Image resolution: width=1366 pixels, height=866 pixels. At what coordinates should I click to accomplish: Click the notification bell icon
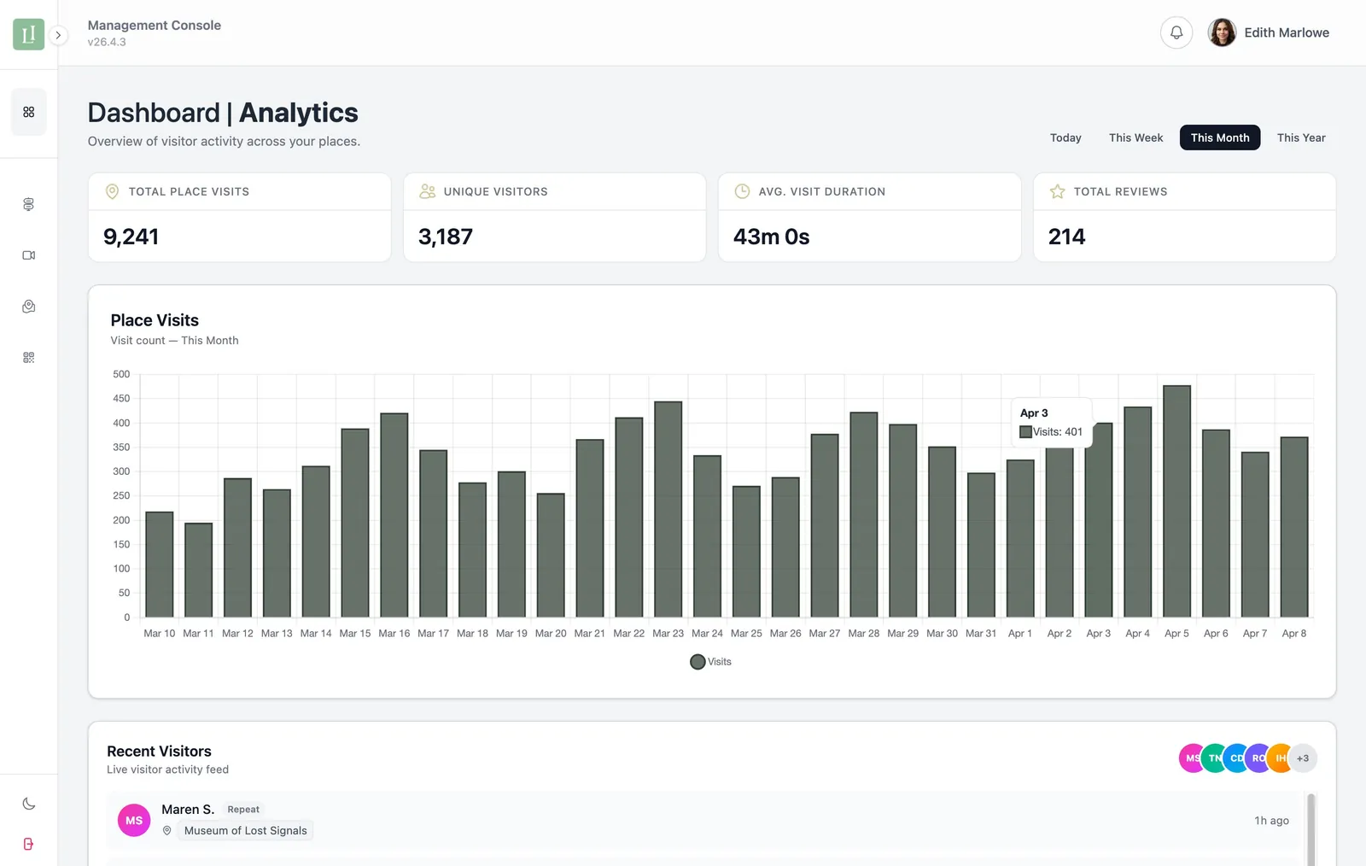[x=1176, y=32]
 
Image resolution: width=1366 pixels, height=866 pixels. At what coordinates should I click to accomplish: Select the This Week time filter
[x=1135, y=138]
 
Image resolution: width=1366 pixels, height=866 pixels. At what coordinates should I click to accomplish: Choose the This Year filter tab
[x=1300, y=138]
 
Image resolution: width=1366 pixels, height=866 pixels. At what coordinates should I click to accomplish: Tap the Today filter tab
[x=1065, y=138]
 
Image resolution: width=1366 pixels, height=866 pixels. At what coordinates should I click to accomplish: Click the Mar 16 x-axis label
[x=394, y=634]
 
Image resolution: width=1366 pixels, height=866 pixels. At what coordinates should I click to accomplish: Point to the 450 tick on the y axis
[x=121, y=399]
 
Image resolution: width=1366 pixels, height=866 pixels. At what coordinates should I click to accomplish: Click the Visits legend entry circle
[x=698, y=662]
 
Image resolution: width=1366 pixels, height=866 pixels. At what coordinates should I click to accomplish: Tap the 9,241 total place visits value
[x=131, y=237]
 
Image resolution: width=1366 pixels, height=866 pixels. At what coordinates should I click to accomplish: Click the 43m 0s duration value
[x=771, y=237]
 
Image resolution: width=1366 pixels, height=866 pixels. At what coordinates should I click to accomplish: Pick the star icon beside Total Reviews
[x=1057, y=192]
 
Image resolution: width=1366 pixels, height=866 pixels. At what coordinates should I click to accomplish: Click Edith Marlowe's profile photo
[x=1222, y=32]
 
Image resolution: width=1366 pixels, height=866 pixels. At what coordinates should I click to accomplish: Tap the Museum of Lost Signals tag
[x=245, y=831]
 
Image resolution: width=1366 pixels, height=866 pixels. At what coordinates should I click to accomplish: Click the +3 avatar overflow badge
[x=1302, y=758]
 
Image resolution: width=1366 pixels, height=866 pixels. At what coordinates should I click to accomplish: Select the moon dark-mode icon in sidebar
[x=29, y=804]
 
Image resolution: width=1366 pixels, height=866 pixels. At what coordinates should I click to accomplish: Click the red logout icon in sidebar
[x=29, y=844]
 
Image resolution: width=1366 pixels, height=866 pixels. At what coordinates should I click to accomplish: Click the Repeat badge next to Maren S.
[x=243, y=810]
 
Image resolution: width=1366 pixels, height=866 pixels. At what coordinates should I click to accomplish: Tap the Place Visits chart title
[x=155, y=320]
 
